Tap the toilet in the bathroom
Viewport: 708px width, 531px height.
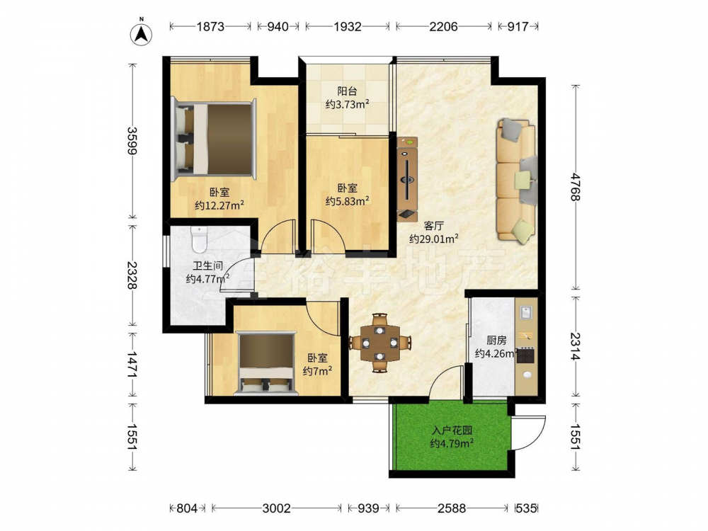tap(199, 240)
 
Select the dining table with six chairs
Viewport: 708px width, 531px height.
tap(379, 342)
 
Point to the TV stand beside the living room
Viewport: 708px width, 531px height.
tap(407, 179)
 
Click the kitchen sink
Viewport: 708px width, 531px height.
tap(526, 312)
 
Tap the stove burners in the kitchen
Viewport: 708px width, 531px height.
tap(525, 355)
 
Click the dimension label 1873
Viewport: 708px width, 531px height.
tap(210, 27)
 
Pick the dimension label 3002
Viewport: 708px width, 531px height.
tap(276, 508)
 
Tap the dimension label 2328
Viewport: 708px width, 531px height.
tap(132, 275)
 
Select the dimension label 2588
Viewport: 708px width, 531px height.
tap(452, 508)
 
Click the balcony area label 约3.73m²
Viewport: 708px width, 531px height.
tap(348, 105)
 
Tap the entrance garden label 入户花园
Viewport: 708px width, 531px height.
tap(452, 430)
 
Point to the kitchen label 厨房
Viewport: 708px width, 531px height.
tap(496, 341)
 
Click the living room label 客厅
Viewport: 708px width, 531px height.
tap(434, 226)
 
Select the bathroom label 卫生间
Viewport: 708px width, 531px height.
tap(208, 266)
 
